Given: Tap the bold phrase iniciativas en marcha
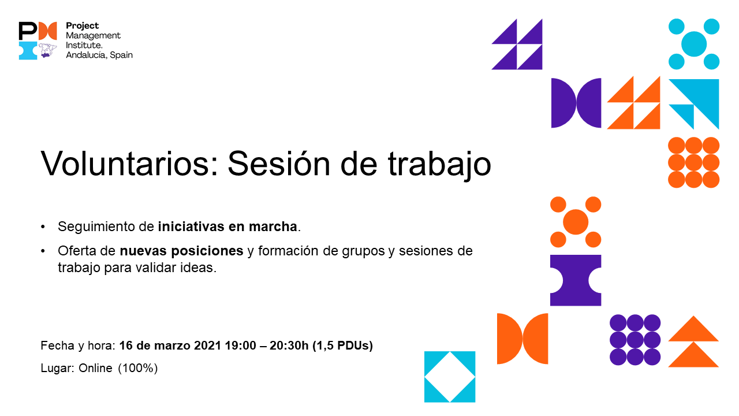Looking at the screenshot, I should coord(227,227).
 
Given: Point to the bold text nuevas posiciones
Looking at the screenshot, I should coord(181,251).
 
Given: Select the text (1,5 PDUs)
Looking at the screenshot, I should coord(342,346).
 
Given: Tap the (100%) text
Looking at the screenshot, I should coord(138,368).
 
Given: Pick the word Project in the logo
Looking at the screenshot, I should coord(83,26).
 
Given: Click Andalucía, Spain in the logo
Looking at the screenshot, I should coord(99,55).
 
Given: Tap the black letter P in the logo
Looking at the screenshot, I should coord(27,31).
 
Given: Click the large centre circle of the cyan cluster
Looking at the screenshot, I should coord(693,44).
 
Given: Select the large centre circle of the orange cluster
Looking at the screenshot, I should coord(575,222).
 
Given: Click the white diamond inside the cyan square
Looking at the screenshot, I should coord(450,377).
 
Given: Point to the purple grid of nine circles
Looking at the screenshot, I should coord(635,340).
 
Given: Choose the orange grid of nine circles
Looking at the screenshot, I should coord(693,162).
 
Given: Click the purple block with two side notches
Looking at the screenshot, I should coord(576,280).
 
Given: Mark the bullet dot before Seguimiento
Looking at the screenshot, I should coord(43,227).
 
